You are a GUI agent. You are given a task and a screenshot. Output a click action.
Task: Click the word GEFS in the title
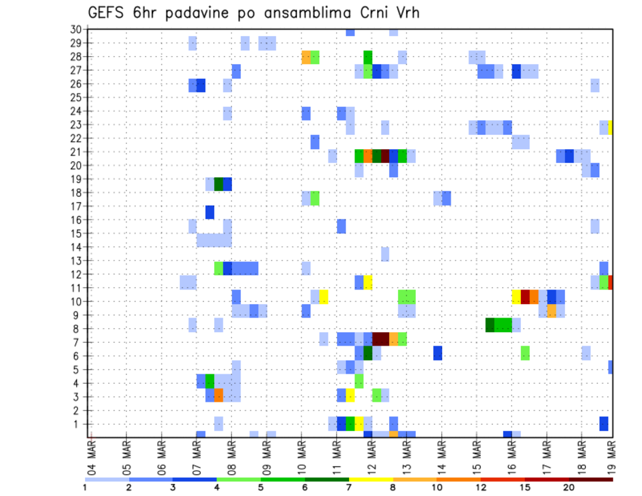(x=108, y=13)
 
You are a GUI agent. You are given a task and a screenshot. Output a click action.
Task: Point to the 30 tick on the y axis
(x=76, y=29)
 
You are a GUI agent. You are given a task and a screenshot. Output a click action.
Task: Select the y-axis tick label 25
(x=76, y=97)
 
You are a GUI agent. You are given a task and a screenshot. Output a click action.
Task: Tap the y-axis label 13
(x=76, y=260)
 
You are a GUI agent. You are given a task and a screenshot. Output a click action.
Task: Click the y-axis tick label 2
(x=78, y=410)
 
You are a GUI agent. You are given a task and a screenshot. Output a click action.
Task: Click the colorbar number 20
(x=569, y=487)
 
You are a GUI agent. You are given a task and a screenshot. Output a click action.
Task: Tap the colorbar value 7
(x=348, y=487)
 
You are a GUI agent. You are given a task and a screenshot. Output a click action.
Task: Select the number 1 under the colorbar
(x=85, y=487)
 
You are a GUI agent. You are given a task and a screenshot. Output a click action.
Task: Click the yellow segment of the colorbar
(x=370, y=479)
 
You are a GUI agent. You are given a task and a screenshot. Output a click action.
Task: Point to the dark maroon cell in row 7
(x=381, y=339)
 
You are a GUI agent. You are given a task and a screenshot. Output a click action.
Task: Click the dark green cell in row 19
(x=219, y=184)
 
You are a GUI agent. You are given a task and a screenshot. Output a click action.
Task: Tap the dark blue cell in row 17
(x=210, y=212)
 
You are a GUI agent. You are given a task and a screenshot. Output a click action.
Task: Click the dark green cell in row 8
(x=490, y=325)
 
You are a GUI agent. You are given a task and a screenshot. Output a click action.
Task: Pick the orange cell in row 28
(x=306, y=57)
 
